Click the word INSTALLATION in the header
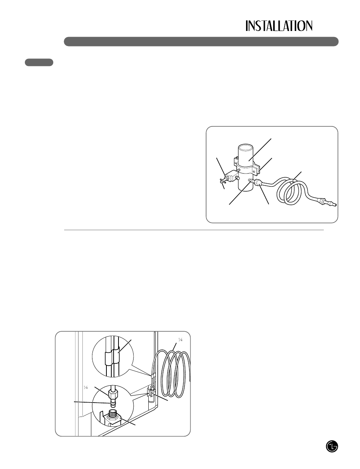[279, 26]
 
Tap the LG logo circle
[332, 446]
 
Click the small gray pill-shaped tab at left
[39, 62]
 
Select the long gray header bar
[201, 42]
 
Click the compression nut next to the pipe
[258, 183]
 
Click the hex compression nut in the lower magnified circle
[113, 394]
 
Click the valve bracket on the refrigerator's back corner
[151, 395]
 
